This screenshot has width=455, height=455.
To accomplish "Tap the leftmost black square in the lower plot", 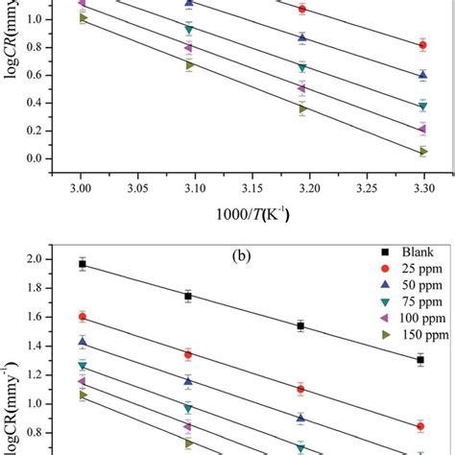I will tap(82, 264).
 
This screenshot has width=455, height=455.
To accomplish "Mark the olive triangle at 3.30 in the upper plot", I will tap(422, 151).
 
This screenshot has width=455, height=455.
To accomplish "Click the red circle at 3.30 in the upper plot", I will tap(422, 45).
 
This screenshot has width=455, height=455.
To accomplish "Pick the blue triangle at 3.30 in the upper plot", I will tap(422, 75).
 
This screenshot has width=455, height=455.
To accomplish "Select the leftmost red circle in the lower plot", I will tap(82, 316).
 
